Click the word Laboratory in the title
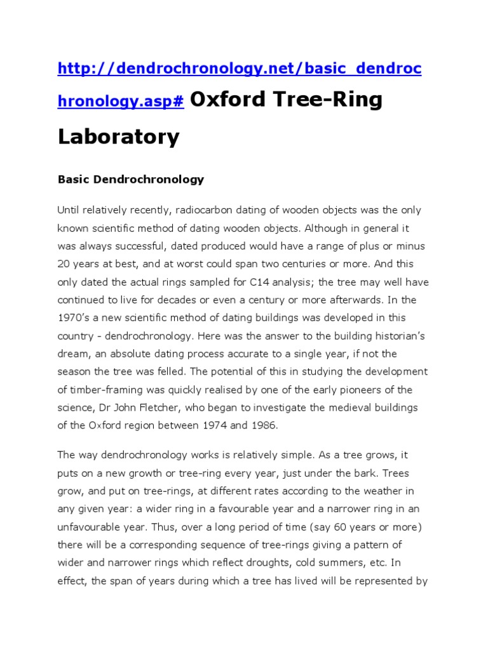(119, 136)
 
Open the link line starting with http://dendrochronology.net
(240, 69)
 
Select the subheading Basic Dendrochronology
(131, 179)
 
